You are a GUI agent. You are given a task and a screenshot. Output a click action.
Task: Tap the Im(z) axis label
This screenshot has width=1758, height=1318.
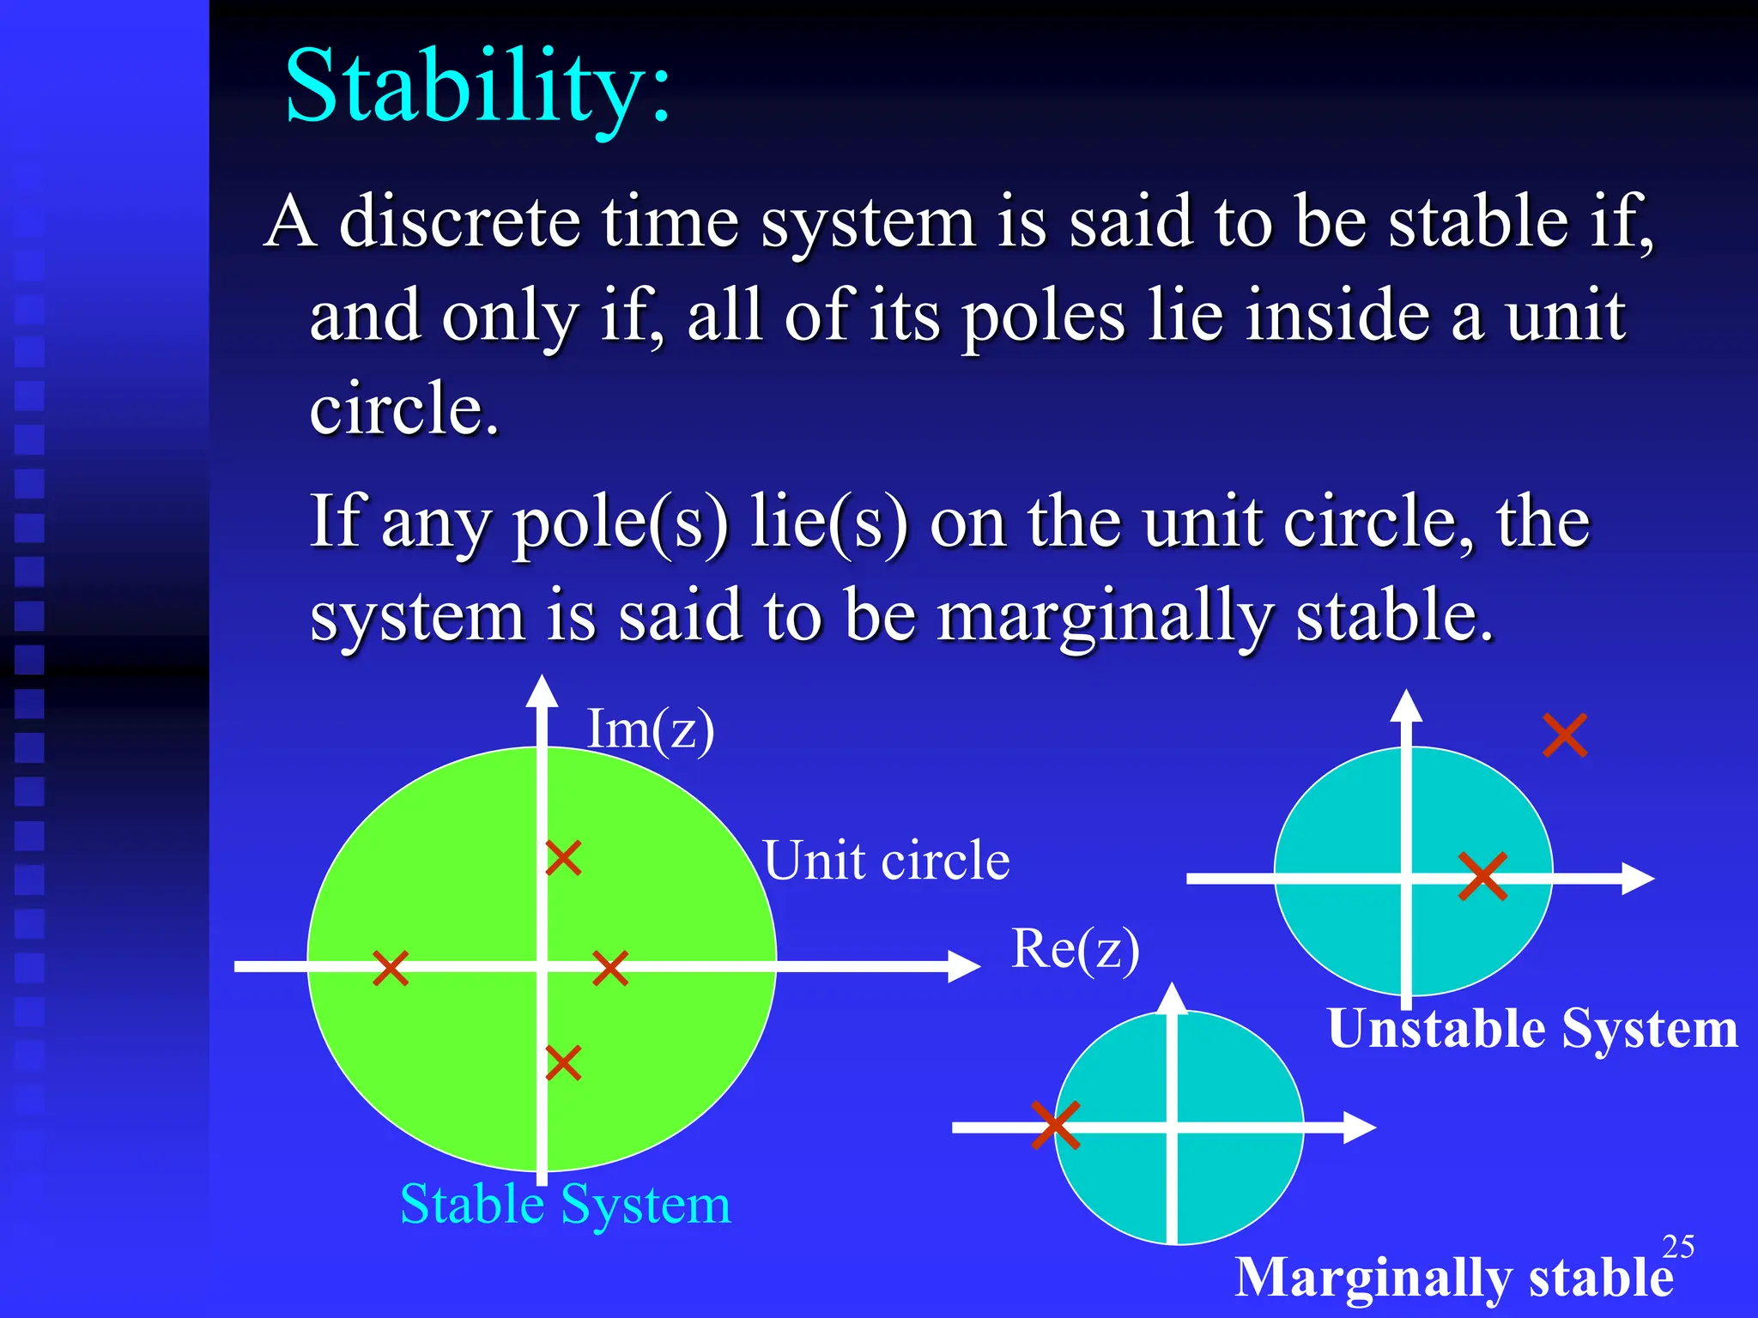point(650,730)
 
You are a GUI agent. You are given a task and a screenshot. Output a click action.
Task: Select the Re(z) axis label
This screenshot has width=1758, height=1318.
point(1075,949)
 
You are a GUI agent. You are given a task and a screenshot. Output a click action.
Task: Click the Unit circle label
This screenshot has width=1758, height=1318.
point(886,861)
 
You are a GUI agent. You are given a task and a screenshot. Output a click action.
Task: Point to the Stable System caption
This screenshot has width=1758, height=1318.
point(565,1204)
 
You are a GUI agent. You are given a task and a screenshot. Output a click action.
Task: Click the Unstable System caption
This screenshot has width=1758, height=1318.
point(1532,1028)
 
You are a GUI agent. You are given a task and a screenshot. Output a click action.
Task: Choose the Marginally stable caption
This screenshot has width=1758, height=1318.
point(1453,1277)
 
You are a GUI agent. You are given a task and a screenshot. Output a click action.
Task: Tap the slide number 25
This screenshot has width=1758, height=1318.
point(1677,1246)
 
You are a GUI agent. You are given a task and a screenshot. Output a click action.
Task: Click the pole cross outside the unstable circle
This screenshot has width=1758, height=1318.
point(1564,735)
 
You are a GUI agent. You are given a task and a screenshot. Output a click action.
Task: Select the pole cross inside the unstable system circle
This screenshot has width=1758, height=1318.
point(1482,876)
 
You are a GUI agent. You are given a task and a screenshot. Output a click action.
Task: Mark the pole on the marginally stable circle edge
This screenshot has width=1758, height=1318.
point(1055,1125)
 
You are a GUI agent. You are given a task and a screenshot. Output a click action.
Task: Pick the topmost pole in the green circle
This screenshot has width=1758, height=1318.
point(564,857)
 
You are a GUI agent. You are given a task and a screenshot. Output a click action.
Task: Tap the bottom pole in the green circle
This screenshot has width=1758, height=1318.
point(564,1062)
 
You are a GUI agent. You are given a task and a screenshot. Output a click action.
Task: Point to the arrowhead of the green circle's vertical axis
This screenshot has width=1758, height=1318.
point(542,692)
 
